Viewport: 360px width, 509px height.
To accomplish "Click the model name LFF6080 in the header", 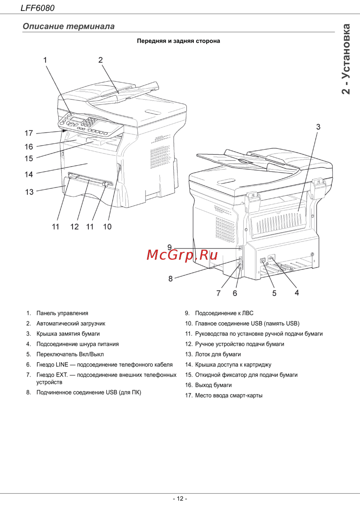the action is pos(37,8).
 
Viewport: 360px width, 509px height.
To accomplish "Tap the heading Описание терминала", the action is pos(68,26).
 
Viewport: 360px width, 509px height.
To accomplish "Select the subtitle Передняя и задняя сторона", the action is pos(179,41).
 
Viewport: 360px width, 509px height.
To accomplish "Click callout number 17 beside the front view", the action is pos(29,133).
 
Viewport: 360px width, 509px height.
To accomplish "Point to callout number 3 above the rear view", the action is pos(318,127).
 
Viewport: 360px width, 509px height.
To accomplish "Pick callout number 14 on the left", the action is pos(29,174).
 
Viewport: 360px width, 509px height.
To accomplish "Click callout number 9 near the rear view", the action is pos(170,247).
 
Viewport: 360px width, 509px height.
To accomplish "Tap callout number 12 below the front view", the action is pos(75,227).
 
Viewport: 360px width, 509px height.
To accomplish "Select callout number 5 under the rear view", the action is pos(274,293).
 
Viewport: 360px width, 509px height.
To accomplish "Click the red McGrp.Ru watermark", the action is pos(182,255).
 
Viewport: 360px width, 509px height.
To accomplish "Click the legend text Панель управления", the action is pos(62,313).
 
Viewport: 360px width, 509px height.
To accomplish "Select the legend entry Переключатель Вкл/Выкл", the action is pos(70,354).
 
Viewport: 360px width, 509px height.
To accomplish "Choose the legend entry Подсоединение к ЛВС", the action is pos(224,313).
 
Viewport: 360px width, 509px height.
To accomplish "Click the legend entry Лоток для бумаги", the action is pos(218,354).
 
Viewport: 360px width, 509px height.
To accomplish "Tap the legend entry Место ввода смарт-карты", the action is pos(229,395).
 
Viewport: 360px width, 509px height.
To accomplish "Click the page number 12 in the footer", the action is pos(180,499).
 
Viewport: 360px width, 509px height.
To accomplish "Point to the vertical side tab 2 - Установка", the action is pos(346,59).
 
